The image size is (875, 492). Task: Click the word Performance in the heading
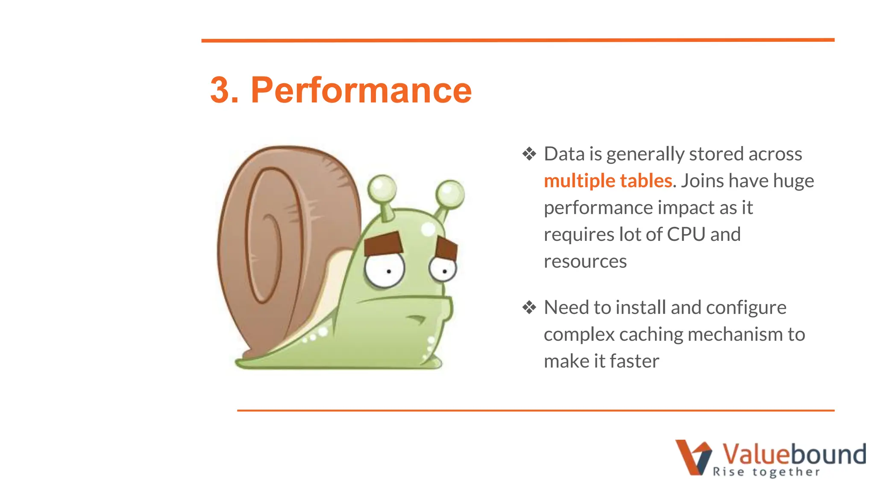[x=361, y=90]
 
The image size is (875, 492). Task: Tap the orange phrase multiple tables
[x=608, y=181]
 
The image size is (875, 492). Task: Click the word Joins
[x=703, y=181]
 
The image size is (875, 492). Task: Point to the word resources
[x=585, y=261]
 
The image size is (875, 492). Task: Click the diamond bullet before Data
[x=529, y=154]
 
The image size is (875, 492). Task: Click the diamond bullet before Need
[x=529, y=307]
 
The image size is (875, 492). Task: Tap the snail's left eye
[x=385, y=270]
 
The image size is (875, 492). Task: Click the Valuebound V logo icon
[x=693, y=457]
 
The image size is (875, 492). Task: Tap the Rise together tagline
[x=766, y=472]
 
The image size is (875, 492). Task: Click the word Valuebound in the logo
[x=793, y=454]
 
